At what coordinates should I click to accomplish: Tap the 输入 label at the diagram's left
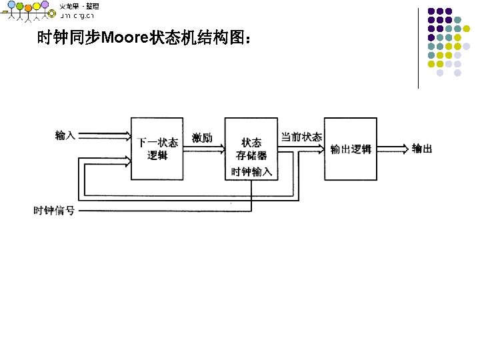pos(65,135)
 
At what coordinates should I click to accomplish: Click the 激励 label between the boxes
pos(202,138)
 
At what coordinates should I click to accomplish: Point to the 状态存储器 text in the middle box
pos(251,149)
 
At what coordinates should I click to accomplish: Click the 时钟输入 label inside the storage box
pos(251,171)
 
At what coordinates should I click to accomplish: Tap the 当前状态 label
pos(301,137)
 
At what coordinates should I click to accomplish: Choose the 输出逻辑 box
pos(351,149)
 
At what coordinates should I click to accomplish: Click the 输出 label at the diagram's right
pos(422,148)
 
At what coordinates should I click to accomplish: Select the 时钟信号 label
pos(54,211)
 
